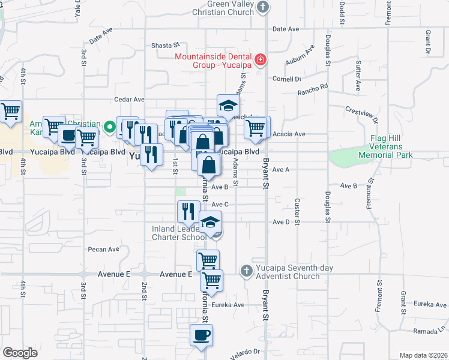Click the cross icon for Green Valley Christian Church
(x=261, y=7)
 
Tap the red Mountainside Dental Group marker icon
(x=260, y=59)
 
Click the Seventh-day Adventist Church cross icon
(x=246, y=271)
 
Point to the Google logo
(x=20, y=353)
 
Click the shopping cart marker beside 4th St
(x=11, y=111)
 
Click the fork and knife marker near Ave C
(x=188, y=211)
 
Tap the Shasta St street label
(x=166, y=45)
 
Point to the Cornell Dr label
(x=286, y=79)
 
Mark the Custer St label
(x=297, y=208)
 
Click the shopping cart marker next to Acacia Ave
(x=256, y=127)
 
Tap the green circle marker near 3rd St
(x=109, y=127)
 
